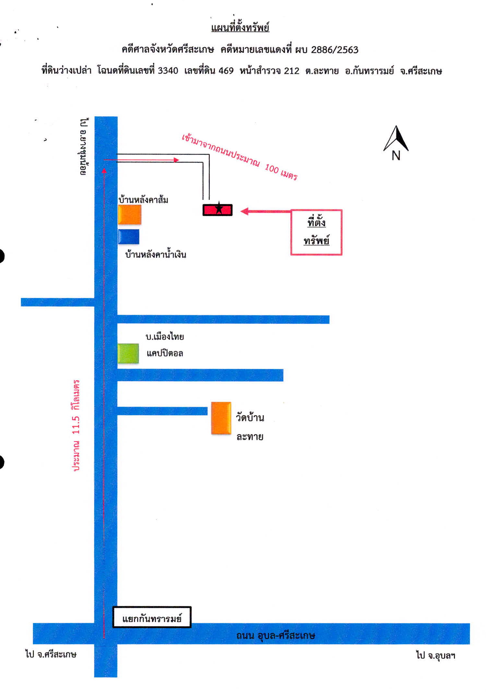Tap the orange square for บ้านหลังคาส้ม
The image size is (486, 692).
click(129, 214)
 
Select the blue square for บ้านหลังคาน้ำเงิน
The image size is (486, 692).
click(129, 237)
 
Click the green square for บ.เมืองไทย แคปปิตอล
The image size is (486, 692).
click(128, 353)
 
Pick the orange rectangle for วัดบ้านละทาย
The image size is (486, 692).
click(221, 418)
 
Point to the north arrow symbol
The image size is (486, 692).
click(396, 138)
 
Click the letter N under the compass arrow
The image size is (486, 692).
click(396, 156)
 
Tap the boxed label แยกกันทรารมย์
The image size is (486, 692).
click(152, 617)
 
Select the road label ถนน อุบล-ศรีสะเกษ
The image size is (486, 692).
click(276, 635)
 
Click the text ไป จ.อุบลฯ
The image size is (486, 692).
click(436, 655)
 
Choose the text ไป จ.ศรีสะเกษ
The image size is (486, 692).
click(51, 654)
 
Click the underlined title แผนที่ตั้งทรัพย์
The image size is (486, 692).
click(240, 27)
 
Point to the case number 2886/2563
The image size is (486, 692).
click(335, 50)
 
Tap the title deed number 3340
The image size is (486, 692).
click(168, 70)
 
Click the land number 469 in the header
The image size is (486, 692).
click(226, 70)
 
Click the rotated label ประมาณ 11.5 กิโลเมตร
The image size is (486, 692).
click(76, 425)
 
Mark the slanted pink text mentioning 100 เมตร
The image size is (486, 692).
click(239, 157)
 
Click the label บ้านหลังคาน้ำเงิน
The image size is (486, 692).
click(156, 254)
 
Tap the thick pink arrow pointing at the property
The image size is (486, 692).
click(266, 211)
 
